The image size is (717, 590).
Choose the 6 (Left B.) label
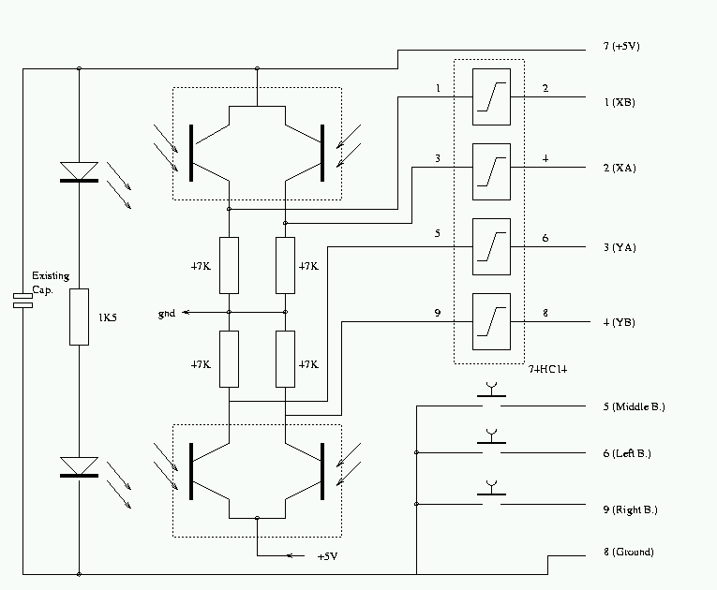click(627, 453)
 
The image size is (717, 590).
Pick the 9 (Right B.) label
click(630, 509)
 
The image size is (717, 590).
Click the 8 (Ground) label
click(628, 553)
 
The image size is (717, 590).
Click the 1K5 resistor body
click(79, 317)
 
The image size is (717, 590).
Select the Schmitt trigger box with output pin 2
click(491, 96)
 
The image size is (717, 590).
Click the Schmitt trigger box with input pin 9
click(491, 321)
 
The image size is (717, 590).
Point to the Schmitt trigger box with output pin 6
click(491, 246)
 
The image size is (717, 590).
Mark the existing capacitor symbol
click(22, 301)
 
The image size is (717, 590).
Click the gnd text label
click(167, 313)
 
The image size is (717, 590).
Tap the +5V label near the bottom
click(326, 556)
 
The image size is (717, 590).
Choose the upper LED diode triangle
click(79, 171)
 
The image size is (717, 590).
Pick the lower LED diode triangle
click(79, 466)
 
